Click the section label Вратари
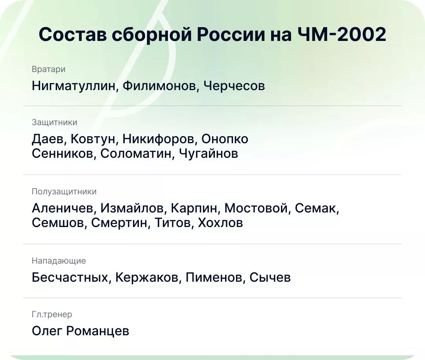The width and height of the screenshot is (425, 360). [x=48, y=69]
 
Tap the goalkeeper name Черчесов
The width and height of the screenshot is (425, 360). [x=234, y=86]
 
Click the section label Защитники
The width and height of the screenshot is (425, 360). [x=54, y=122]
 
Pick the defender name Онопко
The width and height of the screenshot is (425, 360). [x=225, y=139]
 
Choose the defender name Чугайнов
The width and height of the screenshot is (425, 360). [x=209, y=153]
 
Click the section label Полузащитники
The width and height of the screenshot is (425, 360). [x=64, y=192]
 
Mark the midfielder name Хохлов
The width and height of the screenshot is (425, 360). [x=220, y=223]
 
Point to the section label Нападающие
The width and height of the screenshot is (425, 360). [x=59, y=261]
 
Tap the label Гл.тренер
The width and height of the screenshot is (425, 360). [x=52, y=314]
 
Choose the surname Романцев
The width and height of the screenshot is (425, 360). [x=98, y=331]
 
